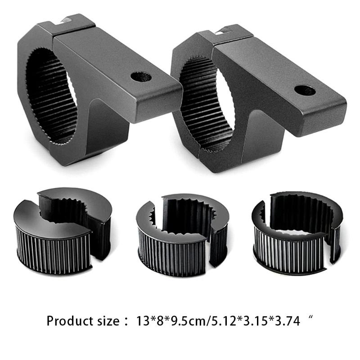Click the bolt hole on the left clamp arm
(141, 76)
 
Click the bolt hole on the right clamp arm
(305, 90)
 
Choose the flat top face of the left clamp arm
(117, 67)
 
